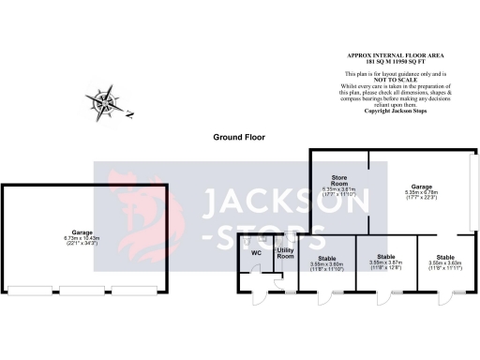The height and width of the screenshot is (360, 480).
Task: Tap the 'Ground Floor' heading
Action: point(238,137)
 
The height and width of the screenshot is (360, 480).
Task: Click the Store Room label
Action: point(339,180)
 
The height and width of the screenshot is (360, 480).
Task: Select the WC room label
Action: point(255,253)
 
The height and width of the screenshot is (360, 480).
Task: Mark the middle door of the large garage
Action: point(77,288)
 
